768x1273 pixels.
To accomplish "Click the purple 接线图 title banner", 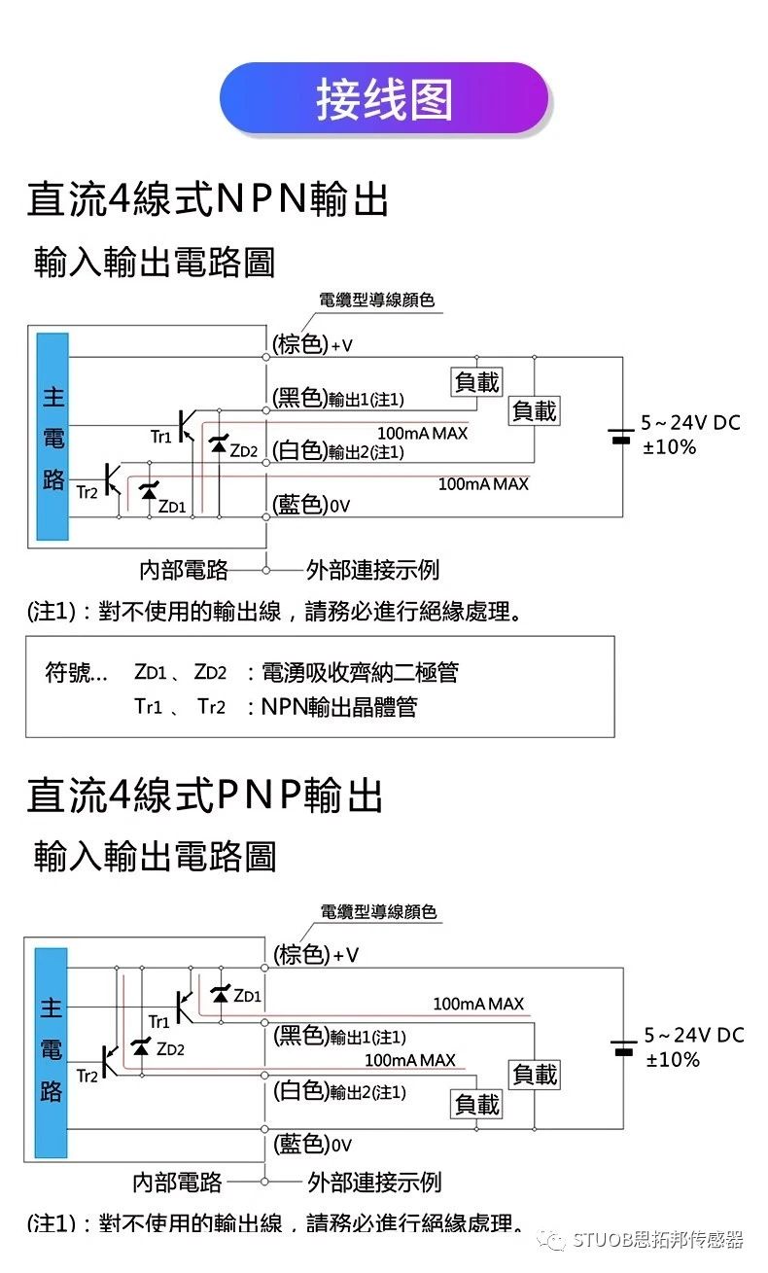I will click(384, 99).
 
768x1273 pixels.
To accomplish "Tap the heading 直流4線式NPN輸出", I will click(207, 199).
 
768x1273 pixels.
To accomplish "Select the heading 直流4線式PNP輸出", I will click(204, 795).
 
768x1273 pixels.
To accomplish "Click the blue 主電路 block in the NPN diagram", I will click(52, 437).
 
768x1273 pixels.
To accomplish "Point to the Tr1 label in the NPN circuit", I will click(160, 438).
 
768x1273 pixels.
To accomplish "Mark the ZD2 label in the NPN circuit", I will click(244, 451).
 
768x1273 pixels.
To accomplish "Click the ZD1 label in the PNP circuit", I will click(248, 996).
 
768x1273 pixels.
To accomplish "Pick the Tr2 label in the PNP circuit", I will click(87, 1076).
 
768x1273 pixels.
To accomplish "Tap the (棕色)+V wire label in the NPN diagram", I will click(312, 344).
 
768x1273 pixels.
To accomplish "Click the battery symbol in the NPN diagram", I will click(620, 435).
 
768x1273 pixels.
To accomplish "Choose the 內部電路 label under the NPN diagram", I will click(184, 569).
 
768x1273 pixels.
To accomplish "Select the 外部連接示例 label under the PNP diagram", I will click(374, 1182).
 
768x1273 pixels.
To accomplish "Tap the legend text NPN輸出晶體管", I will click(339, 707).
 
